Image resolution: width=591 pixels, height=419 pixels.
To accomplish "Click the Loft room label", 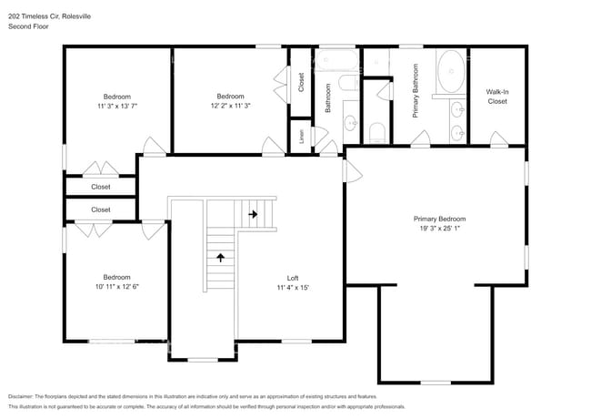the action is pyautogui.click(x=293, y=278).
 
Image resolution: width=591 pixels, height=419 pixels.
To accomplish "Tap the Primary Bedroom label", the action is pyautogui.click(x=439, y=219).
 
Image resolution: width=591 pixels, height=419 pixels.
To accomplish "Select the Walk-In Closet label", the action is pyautogui.click(x=497, y=97).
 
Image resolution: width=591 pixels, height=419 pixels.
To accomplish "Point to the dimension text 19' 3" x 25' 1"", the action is pyautogui.click(x=439, y=229).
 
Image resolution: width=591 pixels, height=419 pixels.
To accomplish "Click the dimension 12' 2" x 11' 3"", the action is pyautogui.click(x=230, y=106).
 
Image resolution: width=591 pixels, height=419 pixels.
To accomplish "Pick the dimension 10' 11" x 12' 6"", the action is pyautogui.click(x=117, y=287).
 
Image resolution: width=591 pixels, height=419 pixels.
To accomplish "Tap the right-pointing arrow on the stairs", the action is pyautogui.click(x=253, y=214).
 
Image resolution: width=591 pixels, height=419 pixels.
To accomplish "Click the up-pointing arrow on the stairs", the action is pyautogui.click(x=221, y=258).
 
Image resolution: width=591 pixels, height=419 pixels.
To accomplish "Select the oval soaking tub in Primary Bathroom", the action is pyautogui.click(x=451, y=71).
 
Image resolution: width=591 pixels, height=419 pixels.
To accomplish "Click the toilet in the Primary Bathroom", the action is pyautogui.click(x=377, y=133).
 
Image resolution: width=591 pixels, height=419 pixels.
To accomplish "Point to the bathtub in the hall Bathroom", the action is pyautogui.click(x=336, y=60).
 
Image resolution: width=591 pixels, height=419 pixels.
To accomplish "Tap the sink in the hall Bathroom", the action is pyautogui.click(x=351, y=123).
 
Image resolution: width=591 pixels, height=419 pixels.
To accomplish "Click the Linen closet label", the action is pyautogui.click(x=301, y=137).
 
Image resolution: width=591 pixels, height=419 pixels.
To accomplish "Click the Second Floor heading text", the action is pyautogui.click(x=28, y=26).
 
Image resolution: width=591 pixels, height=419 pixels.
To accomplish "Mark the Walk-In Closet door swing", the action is pyautogui.click(x=498, y=138).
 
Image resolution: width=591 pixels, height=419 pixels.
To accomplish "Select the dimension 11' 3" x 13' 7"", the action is pyautogui.click(x=117, y=106).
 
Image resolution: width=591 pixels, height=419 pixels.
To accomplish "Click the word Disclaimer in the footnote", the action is pyautogui.click(x=21, y=397).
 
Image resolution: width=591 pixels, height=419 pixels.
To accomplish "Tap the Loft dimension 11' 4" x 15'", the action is pyautogui.click(x=293, y=288).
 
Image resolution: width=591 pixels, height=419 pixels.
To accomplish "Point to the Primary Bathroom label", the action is pyautogui.click(x=416, y=90).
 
